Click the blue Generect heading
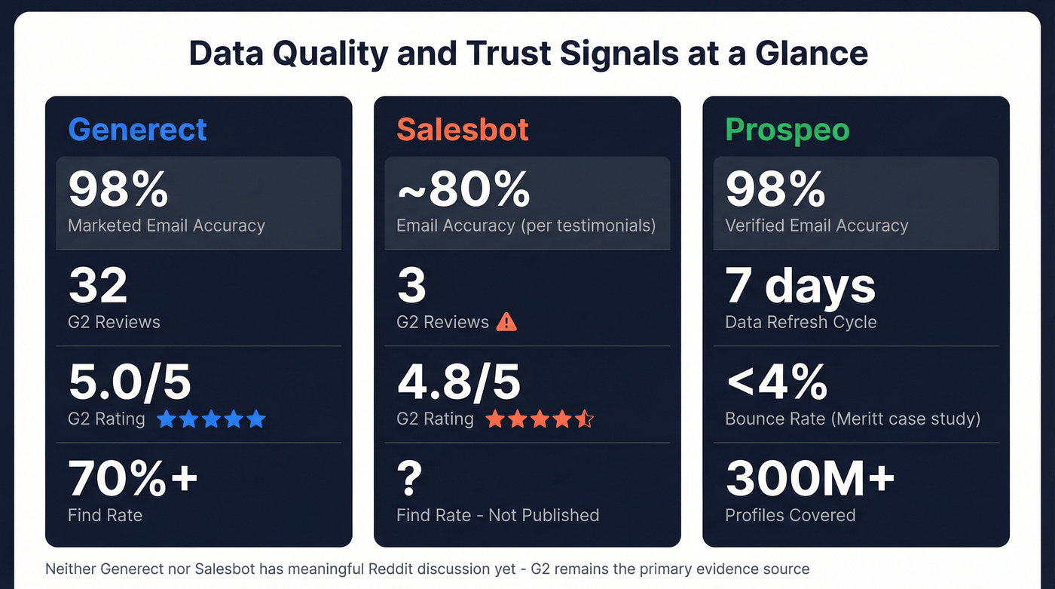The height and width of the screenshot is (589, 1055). tap(137, 130)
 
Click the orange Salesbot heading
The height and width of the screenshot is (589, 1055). tap(463, 130)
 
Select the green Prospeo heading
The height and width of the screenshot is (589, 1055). tap(787, 130)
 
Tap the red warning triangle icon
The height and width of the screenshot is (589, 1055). tap(507, 322)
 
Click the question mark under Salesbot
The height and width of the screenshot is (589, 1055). tap(410, 478)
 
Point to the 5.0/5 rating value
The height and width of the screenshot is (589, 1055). tap(130, 382)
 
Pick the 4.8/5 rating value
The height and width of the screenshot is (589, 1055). tap(458, 382)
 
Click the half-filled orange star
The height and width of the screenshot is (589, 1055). tap(585, 419)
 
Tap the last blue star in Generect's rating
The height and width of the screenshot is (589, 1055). tap(256, 419)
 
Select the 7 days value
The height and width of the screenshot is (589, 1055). tap(800, 287)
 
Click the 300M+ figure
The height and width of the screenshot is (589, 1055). tap(809, 478)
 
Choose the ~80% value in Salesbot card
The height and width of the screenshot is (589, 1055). tap(463, 189)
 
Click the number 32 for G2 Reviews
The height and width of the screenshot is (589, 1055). tap(98, 287)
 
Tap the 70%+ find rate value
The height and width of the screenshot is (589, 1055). tap(133, 478)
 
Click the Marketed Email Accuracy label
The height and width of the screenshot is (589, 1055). tap(167, 225)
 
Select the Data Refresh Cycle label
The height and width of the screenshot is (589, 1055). tap(800, 322)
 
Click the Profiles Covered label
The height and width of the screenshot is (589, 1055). tap(790, 515)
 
